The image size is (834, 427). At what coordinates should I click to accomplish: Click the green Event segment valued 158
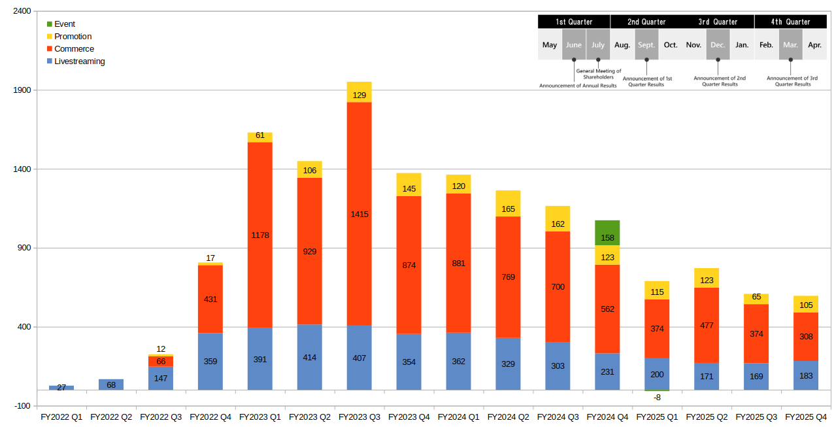[607, 233]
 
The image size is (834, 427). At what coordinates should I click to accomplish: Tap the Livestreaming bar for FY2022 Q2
[111, 384]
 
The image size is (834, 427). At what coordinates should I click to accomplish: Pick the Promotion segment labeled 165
[508, 203]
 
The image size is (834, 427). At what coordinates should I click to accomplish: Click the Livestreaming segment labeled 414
[310, 357]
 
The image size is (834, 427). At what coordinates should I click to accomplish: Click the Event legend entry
[65, 24]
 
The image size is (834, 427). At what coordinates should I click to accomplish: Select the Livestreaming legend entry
[79, 61]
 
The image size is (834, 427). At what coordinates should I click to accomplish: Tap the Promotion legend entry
[73, 37]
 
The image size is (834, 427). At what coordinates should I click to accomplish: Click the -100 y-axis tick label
[21, 406]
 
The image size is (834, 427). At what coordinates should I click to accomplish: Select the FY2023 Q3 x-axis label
[359, 417]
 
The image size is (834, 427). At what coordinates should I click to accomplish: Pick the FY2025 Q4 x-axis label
[805, 417]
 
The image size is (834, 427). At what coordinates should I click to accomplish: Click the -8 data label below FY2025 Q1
[657, 397]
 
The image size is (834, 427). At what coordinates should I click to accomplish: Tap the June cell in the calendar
[574, 45]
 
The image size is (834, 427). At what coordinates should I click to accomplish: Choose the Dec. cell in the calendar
[718, 45]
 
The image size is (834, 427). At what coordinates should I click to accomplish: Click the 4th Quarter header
[790, 22]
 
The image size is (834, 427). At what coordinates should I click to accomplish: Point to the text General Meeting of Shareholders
[599, 74]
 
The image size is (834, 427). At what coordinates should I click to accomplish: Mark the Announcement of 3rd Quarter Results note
[792, 81]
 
